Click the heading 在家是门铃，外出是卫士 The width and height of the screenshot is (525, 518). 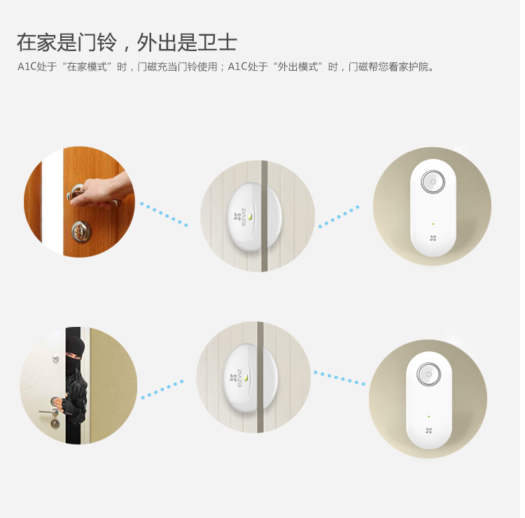[x=127, y=42]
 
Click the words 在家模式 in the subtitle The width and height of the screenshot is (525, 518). [x=86, y=66]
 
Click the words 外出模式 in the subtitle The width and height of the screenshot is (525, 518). [x=297, y=66]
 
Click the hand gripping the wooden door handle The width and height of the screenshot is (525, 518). [x=100, y=191]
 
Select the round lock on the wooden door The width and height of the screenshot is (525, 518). [x=81, y=231]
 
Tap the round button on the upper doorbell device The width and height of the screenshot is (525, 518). [x=433, y=182]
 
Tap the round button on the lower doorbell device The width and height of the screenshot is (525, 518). [x=429, y=374]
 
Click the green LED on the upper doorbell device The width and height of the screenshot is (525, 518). [x=433, y=224]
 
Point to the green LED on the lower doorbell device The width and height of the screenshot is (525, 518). [x=429, y=416]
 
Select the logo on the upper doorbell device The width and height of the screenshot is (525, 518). [x=433, y=238]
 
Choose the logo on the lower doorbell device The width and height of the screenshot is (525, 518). [x=429, y=430]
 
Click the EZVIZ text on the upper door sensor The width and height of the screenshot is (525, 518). [x=244, y=217]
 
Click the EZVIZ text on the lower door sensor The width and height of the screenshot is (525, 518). [x=239, y=379]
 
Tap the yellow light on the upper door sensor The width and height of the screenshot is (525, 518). [x=251, y=217]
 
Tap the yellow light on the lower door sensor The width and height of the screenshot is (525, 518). [x=246, y=378]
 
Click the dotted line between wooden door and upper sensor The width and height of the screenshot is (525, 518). [x=164, y=214]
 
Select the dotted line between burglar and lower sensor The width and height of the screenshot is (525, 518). [x=162, y=389]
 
